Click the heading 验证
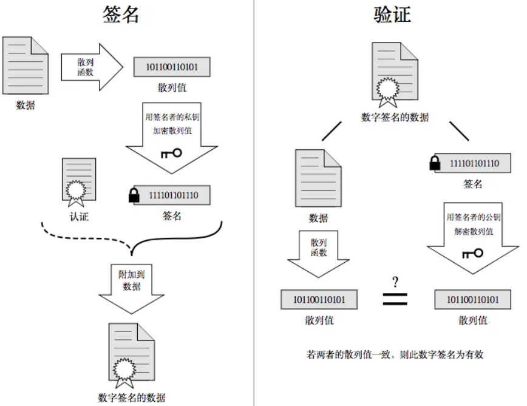(x=392, y=14)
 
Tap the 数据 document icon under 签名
(x=25, y=66)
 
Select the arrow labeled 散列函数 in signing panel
(x=91, y=66)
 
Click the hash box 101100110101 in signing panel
(x=172, y=67)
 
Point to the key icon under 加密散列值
(x=171, y=153)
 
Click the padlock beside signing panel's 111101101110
(x=134, y=195)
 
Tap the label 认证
(x=79, y=216)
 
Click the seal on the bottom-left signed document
(x=125, y=368)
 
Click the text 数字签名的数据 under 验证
(x=395, y=118)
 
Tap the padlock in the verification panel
(x=435, y=163)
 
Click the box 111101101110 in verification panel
(x=474, y=163)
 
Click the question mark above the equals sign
(x=395, y=282)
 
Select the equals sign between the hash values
(x=395, y=299)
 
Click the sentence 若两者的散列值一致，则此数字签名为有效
(x=395, y=354)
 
